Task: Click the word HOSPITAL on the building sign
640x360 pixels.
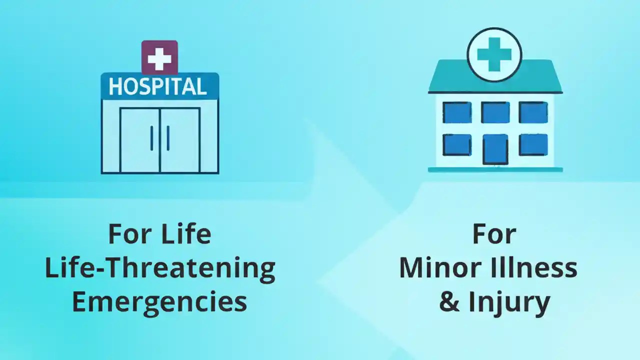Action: (158, 86)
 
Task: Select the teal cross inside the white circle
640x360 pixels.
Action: (494, 54)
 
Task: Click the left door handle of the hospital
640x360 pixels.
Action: (151, 138)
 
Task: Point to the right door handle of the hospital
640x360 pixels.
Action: (168, 138)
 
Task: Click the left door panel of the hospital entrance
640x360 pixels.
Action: (140, 140)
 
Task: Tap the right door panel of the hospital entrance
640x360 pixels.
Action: (180, 140)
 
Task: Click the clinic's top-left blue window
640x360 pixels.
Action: (457, 112)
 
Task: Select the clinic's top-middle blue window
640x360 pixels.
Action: (495, 112)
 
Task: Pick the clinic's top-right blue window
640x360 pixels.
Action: (533, 112)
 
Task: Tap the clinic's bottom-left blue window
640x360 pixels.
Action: (457, 144)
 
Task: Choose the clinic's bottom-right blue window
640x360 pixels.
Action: (533, 144)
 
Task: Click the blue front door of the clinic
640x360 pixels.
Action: (495, 149)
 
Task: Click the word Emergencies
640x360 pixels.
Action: (159, 302)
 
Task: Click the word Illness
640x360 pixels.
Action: (534, 268)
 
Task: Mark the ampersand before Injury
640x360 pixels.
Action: (449, 302)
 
